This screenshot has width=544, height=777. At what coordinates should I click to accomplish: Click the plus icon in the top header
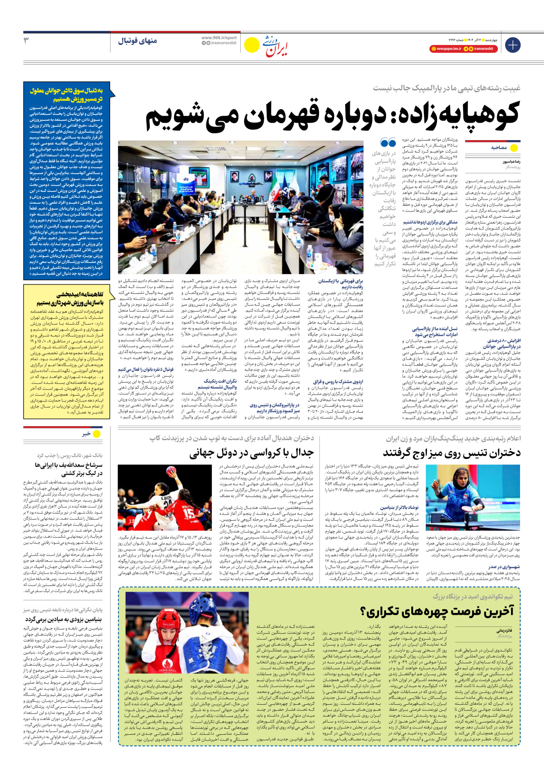[512, 45]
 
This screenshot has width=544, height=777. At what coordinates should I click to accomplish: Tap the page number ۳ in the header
[27, 40]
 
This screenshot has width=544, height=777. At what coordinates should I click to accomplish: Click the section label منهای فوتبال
[138, 41]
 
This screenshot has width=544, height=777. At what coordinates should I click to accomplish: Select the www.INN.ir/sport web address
[219, 38]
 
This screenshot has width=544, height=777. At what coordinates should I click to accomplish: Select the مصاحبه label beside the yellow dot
[499, 148]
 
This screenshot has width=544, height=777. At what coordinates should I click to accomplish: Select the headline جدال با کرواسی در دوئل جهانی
[251, 454]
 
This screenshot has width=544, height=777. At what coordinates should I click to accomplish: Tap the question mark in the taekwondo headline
[364, 612]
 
